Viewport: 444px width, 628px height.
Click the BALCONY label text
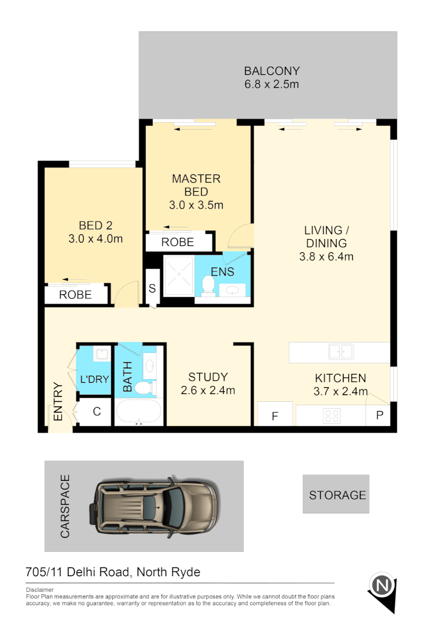pyautogui.click(x=271, y=71)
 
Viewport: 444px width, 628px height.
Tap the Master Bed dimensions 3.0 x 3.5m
pyautogui.click(x=196, y=205)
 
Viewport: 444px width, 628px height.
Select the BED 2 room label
pyautogui.click(x=95, y=226)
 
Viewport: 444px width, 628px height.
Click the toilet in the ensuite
pyautogui.click(x=208, y=285)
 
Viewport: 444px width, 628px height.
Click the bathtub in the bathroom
pyautogui.click(x=139, y=412)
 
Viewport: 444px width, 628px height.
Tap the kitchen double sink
pyautogui.click(x=341, y=352)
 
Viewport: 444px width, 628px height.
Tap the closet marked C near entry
pyautogui.click(x=97, y=412)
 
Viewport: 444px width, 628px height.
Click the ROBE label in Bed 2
pyautogui.click(x=76, y=295)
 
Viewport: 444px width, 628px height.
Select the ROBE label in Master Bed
pyautogui.click(x=178, y=242)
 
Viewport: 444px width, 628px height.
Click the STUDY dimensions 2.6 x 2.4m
pyautogui.click(x=207, y=391)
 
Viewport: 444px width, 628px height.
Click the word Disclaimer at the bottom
pyautogui.click(x=40, y=589)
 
